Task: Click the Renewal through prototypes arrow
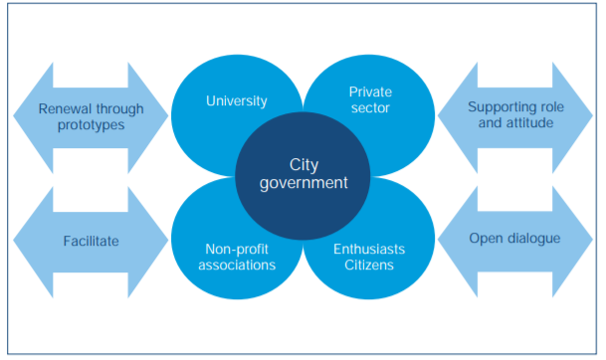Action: click(x=91, y=117)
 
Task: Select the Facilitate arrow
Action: click(x=91, y=241)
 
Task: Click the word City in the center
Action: click(x=303, y=164)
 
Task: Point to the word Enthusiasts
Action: click(x=369, y=249)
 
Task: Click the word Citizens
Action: click(x=369, y=267)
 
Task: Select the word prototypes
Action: click(x=91, y=127)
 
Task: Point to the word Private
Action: click(x=370, y=91)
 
